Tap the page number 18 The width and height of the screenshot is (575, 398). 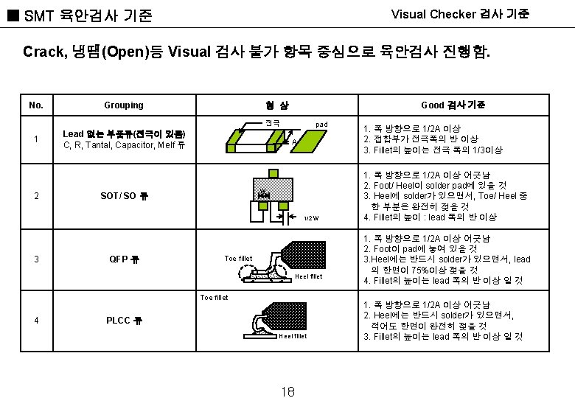pos(288,391)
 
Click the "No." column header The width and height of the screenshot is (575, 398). pos(36,105)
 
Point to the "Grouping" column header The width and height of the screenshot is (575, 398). pos(124,105)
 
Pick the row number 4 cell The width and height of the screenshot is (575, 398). pos(36,321)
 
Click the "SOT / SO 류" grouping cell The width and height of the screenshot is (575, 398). pos(124,196)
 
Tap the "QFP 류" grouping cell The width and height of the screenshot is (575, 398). pos(124,259)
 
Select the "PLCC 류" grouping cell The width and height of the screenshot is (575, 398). pos(124,321)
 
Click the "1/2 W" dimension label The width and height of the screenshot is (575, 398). pos(311,218)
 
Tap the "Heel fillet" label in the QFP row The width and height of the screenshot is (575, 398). pos(308,277)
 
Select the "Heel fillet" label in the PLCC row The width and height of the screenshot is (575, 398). pos(293,336)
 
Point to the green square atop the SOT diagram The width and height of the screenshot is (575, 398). pos(273,174)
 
